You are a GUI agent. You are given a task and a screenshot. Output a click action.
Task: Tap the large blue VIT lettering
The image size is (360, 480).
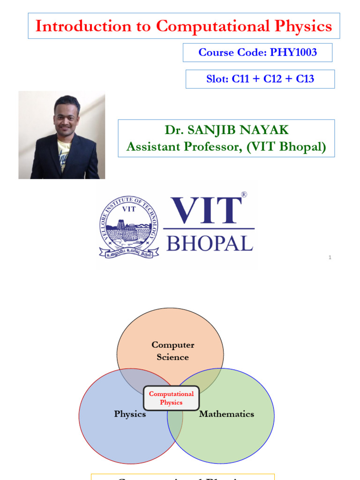click(207, 211)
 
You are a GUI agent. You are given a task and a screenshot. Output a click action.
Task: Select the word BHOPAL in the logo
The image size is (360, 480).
click(210, 244)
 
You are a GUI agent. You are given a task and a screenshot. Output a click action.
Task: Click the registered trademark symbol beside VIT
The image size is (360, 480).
click(243, 194)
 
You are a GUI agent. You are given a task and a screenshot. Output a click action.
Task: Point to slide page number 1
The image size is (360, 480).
click(330, 257)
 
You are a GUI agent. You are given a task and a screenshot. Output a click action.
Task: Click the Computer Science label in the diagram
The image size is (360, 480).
click(172, 351)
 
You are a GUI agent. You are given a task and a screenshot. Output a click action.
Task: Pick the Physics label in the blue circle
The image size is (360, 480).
click(130, 414)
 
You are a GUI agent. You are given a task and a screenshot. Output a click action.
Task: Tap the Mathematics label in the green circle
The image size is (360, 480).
click(226, 414)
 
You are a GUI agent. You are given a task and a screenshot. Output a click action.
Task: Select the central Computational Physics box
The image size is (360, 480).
click(171, 398)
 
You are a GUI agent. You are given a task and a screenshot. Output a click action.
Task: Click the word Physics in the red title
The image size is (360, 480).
click(303, 26)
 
